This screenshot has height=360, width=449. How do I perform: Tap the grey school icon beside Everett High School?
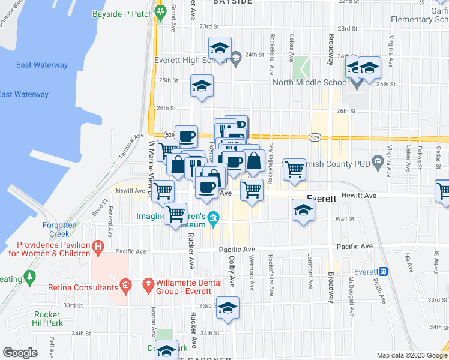(x=235, y=58)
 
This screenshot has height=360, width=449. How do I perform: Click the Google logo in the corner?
(x=20, y=352)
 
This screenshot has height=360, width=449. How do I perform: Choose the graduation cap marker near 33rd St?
(x=227, y=308)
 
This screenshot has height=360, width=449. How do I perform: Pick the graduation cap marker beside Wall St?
(x=303, y=211)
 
